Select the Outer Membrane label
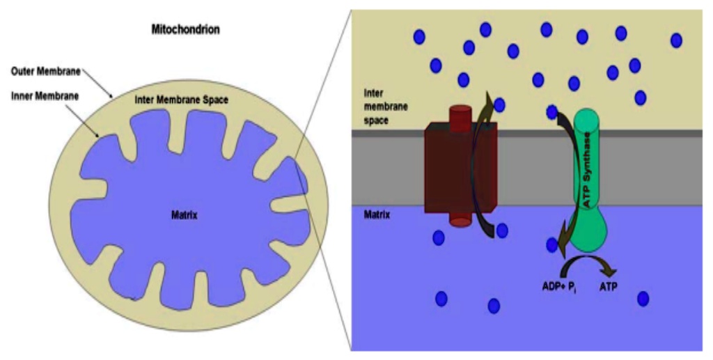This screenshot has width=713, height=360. pyautogui.click(x=46, y=71)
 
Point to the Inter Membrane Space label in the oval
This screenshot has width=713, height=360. pyautogui.click(x=181, y=100)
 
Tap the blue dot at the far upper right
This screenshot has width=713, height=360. pyautogui.click(x=675, y=40)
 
